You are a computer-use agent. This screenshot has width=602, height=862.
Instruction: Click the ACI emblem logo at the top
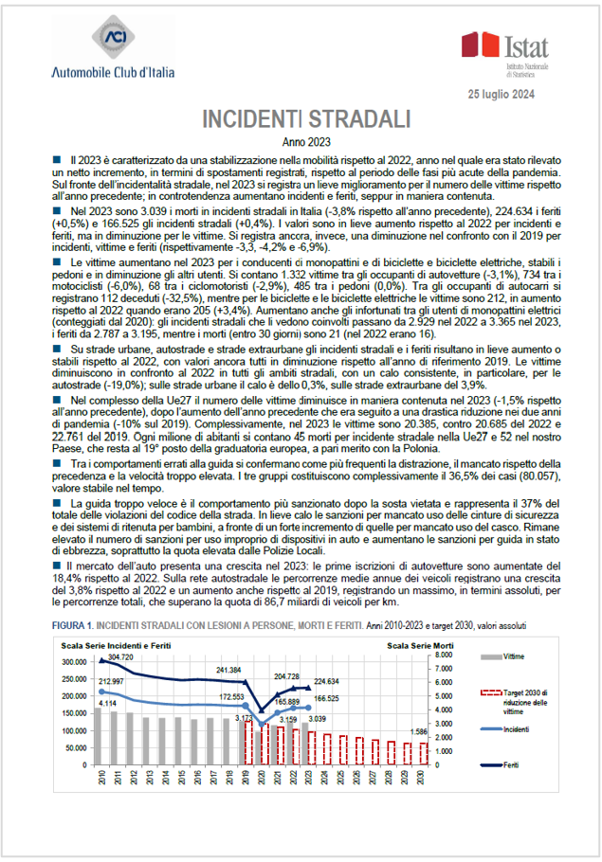(119, 41)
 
